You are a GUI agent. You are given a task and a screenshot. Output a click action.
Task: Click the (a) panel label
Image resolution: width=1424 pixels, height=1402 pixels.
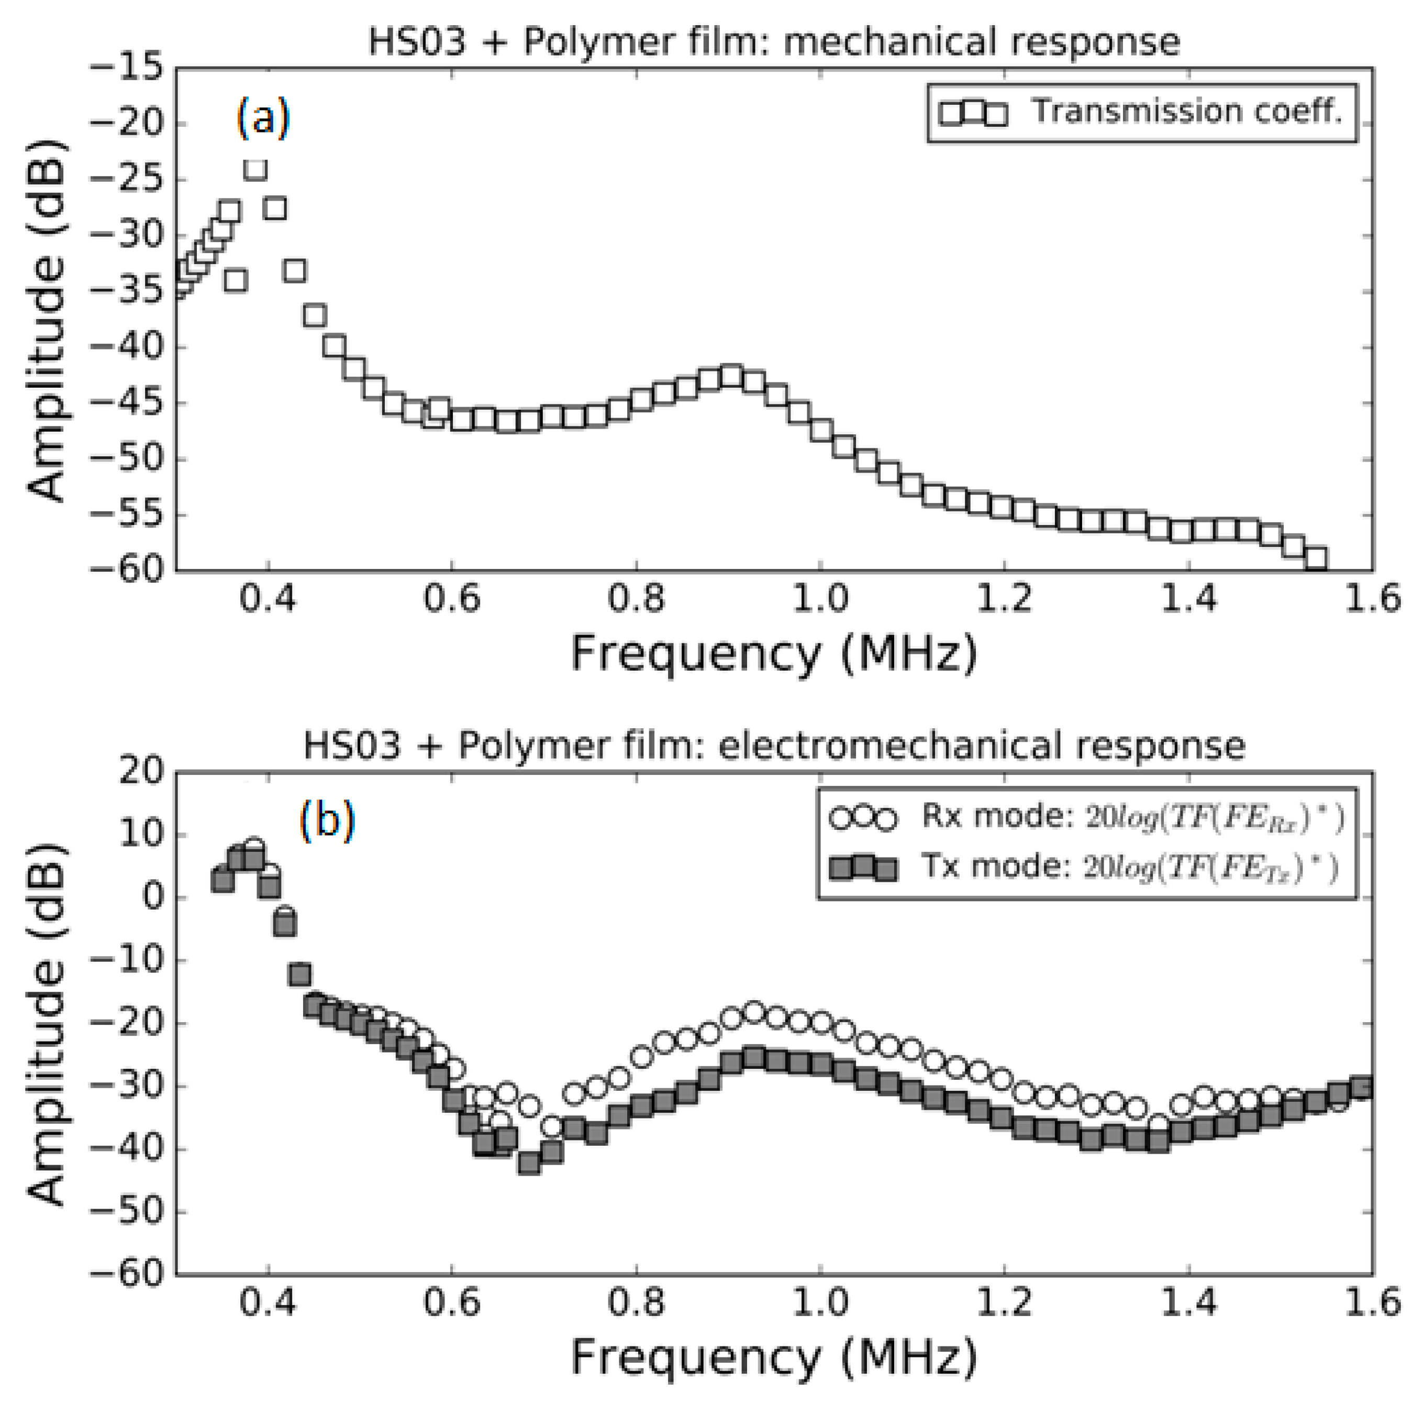263,118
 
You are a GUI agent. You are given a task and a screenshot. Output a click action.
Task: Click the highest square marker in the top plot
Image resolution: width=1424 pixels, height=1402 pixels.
254,169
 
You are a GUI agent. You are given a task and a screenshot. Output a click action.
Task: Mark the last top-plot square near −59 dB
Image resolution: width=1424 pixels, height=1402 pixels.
1315,558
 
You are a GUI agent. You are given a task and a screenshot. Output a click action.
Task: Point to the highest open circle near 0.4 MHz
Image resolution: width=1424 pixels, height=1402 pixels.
254,848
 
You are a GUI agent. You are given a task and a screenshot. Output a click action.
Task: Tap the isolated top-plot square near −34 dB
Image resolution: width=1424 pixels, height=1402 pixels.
236,280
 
